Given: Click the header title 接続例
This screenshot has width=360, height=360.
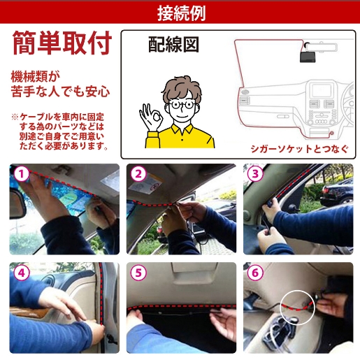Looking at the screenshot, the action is pos(182,13).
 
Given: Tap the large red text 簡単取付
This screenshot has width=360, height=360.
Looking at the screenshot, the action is pos(62,43).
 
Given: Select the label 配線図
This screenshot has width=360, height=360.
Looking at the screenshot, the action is pos(173,44).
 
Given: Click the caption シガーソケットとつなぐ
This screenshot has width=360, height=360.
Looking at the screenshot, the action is pos(299,149).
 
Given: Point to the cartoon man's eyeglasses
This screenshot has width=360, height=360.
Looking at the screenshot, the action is pos(182,104).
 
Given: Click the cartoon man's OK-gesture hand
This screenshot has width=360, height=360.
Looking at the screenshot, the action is pos(151,117).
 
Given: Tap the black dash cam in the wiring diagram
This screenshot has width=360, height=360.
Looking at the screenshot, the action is pos(308,57).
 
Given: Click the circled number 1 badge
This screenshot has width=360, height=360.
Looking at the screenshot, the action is pos(22,173).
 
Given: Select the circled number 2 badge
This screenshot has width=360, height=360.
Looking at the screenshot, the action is pos(138,173).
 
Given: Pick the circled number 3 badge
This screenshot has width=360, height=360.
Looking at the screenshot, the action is pos(255,173).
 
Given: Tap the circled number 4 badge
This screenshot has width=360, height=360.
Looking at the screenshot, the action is pos(22,273).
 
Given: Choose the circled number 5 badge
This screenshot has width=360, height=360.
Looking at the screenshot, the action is pos(138,273).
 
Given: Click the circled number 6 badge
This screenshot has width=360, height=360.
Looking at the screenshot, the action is pos(255,273).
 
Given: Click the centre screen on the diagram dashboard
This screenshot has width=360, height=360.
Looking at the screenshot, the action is pos(322,90).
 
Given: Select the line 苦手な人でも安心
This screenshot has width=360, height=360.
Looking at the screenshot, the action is pos(60,92).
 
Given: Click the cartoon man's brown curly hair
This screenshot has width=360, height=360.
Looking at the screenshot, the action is pos(182,89).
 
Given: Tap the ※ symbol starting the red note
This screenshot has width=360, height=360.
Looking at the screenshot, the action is pos(15,117).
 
